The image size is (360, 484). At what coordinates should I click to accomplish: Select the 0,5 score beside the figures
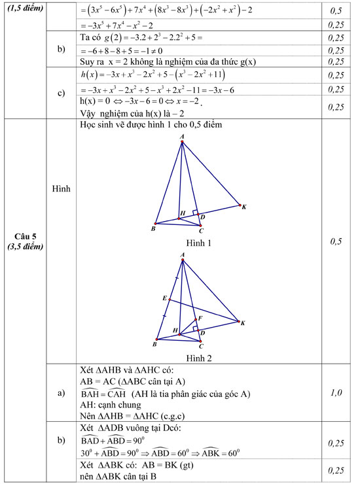(336, 241)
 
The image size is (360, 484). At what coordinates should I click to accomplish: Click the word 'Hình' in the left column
(61, 188)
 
